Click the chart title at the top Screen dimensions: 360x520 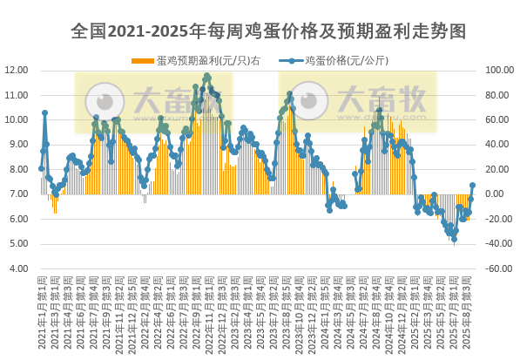tap(268, 31)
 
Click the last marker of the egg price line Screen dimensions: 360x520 tap(472, 185)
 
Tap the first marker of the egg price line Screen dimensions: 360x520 tap(41, 168)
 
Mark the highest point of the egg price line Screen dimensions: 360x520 tap(207, 76)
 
